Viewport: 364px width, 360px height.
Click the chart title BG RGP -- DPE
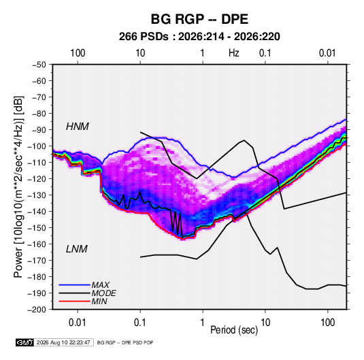pos(199,19)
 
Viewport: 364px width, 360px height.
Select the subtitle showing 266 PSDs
pos(199,37)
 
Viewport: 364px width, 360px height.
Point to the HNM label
pos(78,127)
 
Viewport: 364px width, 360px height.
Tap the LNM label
pos(77,249)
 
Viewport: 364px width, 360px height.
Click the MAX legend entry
pos(101,284)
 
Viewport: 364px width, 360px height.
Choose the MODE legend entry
pos(104,293)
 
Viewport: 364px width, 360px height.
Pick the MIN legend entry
pos(99,301)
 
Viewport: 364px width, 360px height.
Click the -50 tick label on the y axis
pos(39,65)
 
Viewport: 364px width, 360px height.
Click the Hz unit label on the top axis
pos(234,53)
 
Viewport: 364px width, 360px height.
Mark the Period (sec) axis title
pos(234,330)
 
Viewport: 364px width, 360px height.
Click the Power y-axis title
pos(18,186)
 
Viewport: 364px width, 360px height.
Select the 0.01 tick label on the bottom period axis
pos(78,323)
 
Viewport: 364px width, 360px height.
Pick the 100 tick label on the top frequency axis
pos(78,53)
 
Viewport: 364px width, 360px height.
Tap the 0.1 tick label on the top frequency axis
pos(265,53)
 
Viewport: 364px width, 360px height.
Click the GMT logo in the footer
pos(24,342)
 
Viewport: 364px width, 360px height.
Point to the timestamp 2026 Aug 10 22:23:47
pos(63,342)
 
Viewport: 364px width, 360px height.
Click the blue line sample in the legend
pos(75,284)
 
